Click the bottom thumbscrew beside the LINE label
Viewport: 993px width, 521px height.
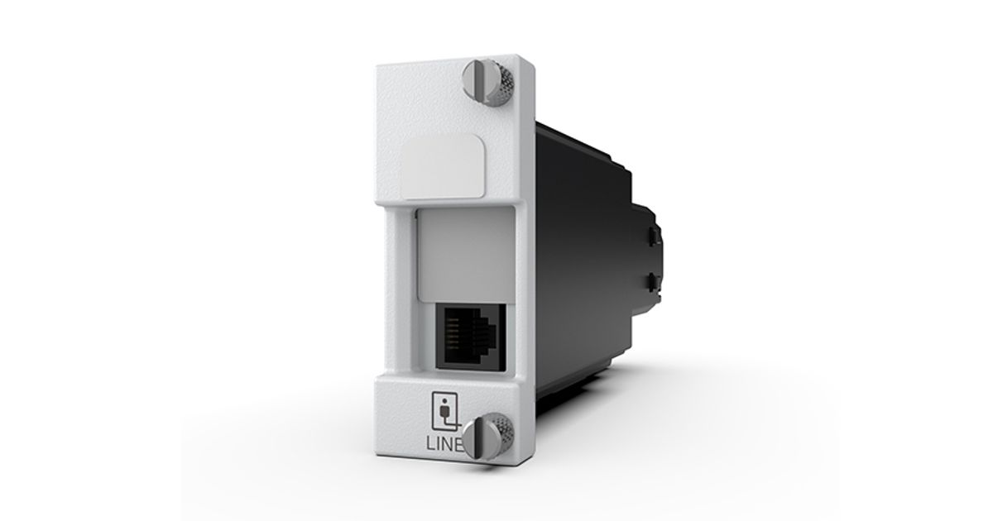(487, 437)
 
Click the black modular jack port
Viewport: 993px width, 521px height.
(470, 337)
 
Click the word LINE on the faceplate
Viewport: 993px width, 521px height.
(444, 443)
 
